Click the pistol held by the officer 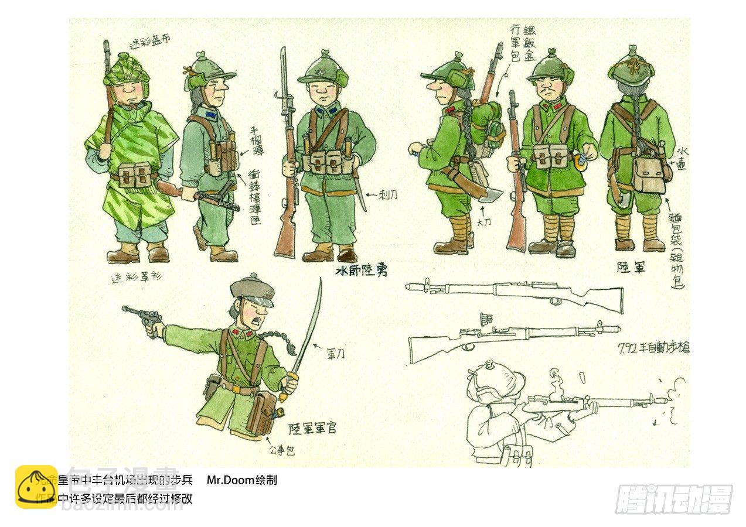pyautogui.click(x=143, y=318)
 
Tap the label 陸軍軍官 pyautogui.click(x=312, y=429)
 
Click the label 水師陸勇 pyautogui.click(x=361, y=271)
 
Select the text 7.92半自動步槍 pyautogui.click(x=653, y=347)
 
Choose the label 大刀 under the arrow pyautogui.click(x=484, y=223)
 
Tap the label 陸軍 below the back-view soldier pyautogui.click(x=632, y=267)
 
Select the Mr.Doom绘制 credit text pyautogui.click(x=241, y=481)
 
